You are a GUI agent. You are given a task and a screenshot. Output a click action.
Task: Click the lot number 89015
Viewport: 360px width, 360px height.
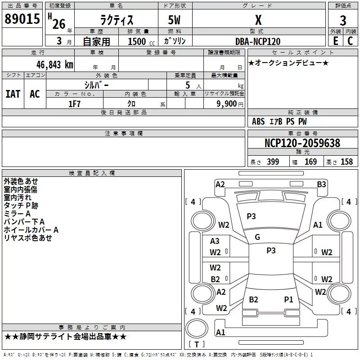pos(22,19)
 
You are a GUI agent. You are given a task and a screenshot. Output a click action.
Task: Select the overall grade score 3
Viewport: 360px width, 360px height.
pos(343,21)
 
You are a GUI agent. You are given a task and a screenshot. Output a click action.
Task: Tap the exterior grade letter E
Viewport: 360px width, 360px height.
pos(336,41)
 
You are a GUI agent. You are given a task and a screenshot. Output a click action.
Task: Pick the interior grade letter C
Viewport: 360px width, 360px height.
pos(350,41)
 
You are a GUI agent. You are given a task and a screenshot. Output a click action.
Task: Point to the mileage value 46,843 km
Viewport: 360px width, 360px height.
pos(55,65)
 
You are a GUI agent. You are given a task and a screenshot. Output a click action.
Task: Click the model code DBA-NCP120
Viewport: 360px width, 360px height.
pos(258,41)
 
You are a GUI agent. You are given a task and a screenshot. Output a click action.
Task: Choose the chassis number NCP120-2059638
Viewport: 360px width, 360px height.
pos(302,143)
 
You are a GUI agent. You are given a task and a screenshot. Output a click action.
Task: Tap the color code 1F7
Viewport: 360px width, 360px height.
pos(74,104)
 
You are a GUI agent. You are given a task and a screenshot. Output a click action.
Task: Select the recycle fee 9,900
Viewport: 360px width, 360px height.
pos(227,104)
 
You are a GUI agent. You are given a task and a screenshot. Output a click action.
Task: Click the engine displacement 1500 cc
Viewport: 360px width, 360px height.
pos(141,41)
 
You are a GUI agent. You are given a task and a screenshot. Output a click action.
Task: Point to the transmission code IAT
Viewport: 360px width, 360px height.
pos(13,94)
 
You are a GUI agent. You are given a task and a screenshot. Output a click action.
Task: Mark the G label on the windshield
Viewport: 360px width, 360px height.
pos(257,237)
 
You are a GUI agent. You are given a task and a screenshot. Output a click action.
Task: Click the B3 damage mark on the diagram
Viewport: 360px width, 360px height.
pos(321,184)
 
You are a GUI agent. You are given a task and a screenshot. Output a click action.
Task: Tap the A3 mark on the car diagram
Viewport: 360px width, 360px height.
pos(215,241)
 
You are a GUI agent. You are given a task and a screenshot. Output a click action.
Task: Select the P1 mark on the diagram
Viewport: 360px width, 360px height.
pos(288,299)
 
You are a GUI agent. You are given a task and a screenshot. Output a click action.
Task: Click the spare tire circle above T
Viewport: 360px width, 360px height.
pos(197,328)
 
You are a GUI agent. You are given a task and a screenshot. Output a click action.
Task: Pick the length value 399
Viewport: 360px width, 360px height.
pos(273,162)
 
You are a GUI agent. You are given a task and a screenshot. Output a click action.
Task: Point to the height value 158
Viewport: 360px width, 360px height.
pos(346,162)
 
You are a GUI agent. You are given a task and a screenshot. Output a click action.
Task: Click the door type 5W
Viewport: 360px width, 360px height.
pos(174,20)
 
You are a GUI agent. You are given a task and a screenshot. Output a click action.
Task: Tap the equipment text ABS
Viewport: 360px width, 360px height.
pos(258,121)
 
